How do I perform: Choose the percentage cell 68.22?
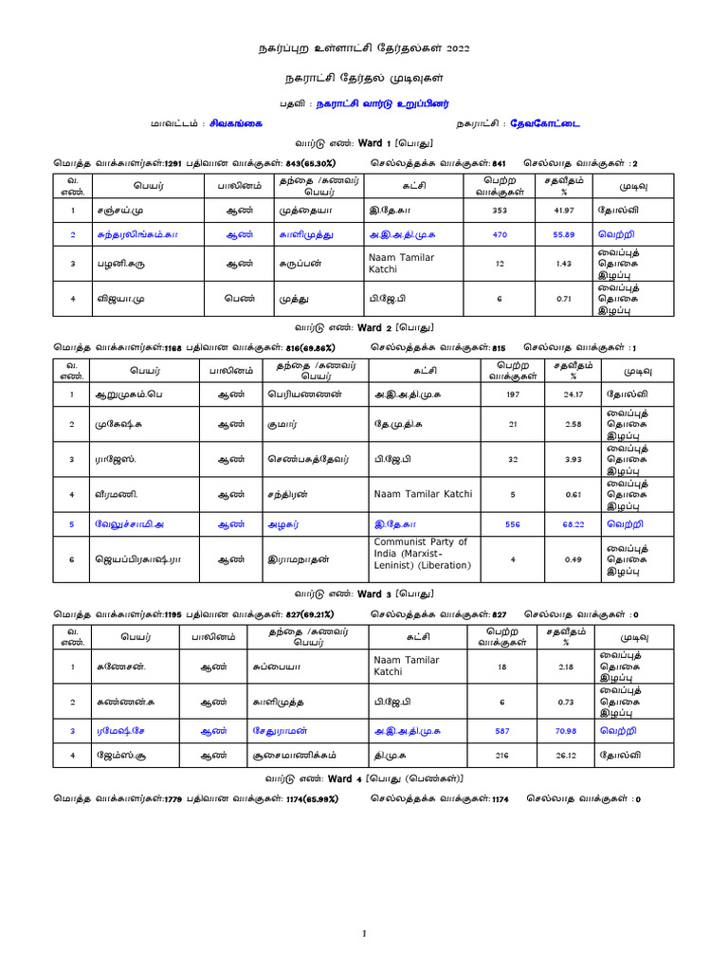pyautogui.click(x=570, y=522)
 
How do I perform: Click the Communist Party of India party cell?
pyautogui.click(x=421, y=554)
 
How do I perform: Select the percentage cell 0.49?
pyautogui.click(x=570, y=559)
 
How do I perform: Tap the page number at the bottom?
pyautogui.click(x=364, y=934)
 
